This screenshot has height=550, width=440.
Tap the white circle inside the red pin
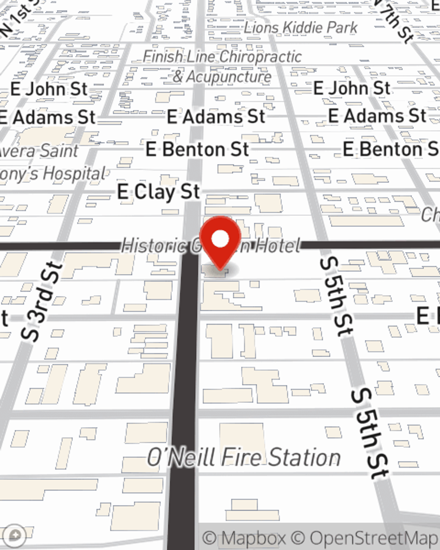pyautogui.click(x=220, y=239)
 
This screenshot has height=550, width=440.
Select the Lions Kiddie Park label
pyautogui.click(x=301, y=28)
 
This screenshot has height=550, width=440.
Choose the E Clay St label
pyautogui.click(x=158, y=192)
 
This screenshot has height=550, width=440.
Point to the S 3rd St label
pyautogui.click(x=40, y=302)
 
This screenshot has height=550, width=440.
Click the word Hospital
pyautogui.click(x=75, y=174)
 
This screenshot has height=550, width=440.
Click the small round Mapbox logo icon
pyautogui.click(x=14, y=535)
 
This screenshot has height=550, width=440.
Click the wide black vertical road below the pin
pyautogui.click(x=183, y=396)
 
